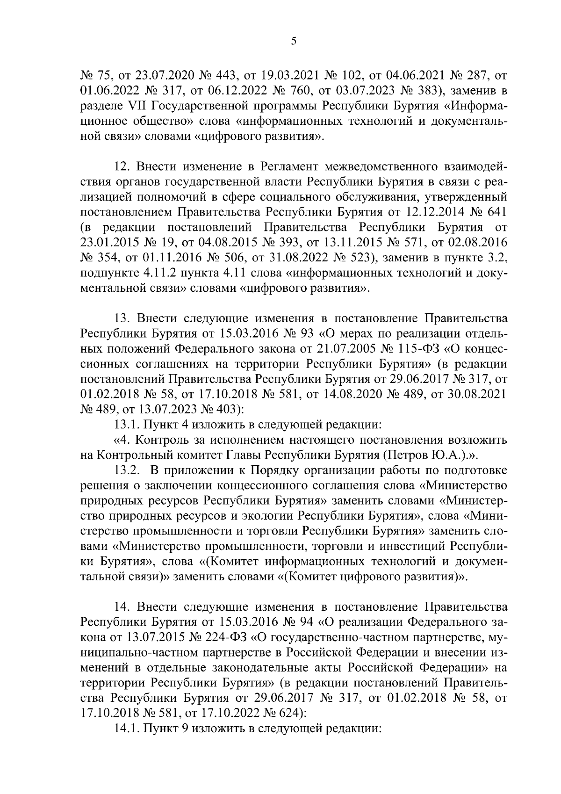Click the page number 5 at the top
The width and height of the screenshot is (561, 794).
click(294, 41)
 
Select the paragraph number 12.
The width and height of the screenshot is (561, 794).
click(122, 166)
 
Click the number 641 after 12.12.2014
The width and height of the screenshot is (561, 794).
click(494, 212)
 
